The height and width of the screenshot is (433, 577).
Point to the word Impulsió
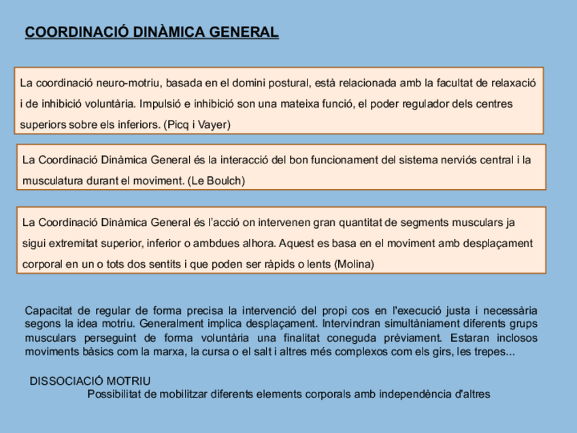[x=161, y=104]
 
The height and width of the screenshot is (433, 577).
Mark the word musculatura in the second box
[x=50, y=180]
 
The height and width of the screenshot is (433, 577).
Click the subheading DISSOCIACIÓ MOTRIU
[x=90, y=381]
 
